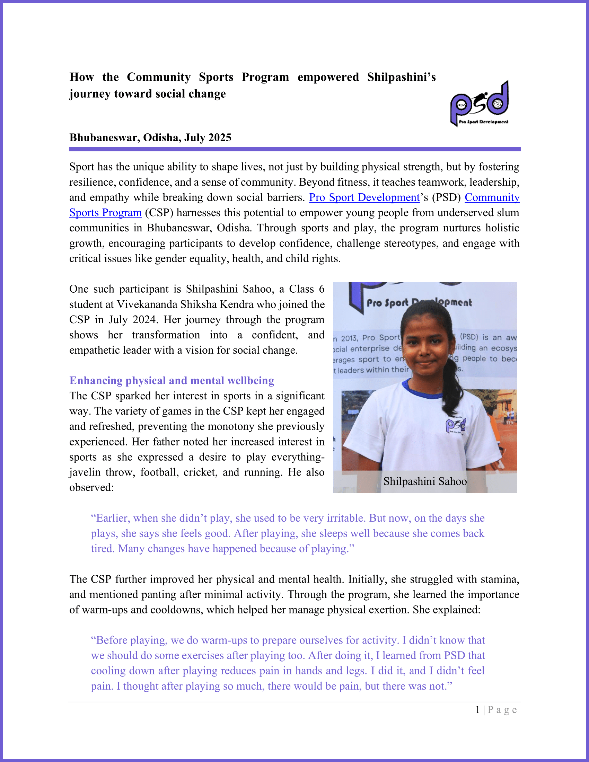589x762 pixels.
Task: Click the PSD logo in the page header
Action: pyautogui.click(x=480, y=103)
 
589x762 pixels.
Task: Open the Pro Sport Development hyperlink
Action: pyautogui.click(x=364, y=197)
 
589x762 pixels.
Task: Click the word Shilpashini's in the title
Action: pyautogui.click(x=401, y=77)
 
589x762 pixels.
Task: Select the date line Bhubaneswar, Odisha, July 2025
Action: pyautogui.click(x=150, y=138)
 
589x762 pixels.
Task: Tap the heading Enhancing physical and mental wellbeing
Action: pyautogui.click(x=172, y=380)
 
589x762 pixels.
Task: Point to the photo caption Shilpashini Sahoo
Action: pyautogui.click(x=425, y=481)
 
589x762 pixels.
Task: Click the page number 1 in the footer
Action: pyautogui.click(x=478, y=710)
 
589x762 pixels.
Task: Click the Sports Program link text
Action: pyautogui.click(x=105, y=213)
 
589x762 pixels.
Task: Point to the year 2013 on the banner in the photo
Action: pyautogui.click(x=349, y=338)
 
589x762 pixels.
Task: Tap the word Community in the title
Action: pyautogui.click(x=158, y=77)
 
